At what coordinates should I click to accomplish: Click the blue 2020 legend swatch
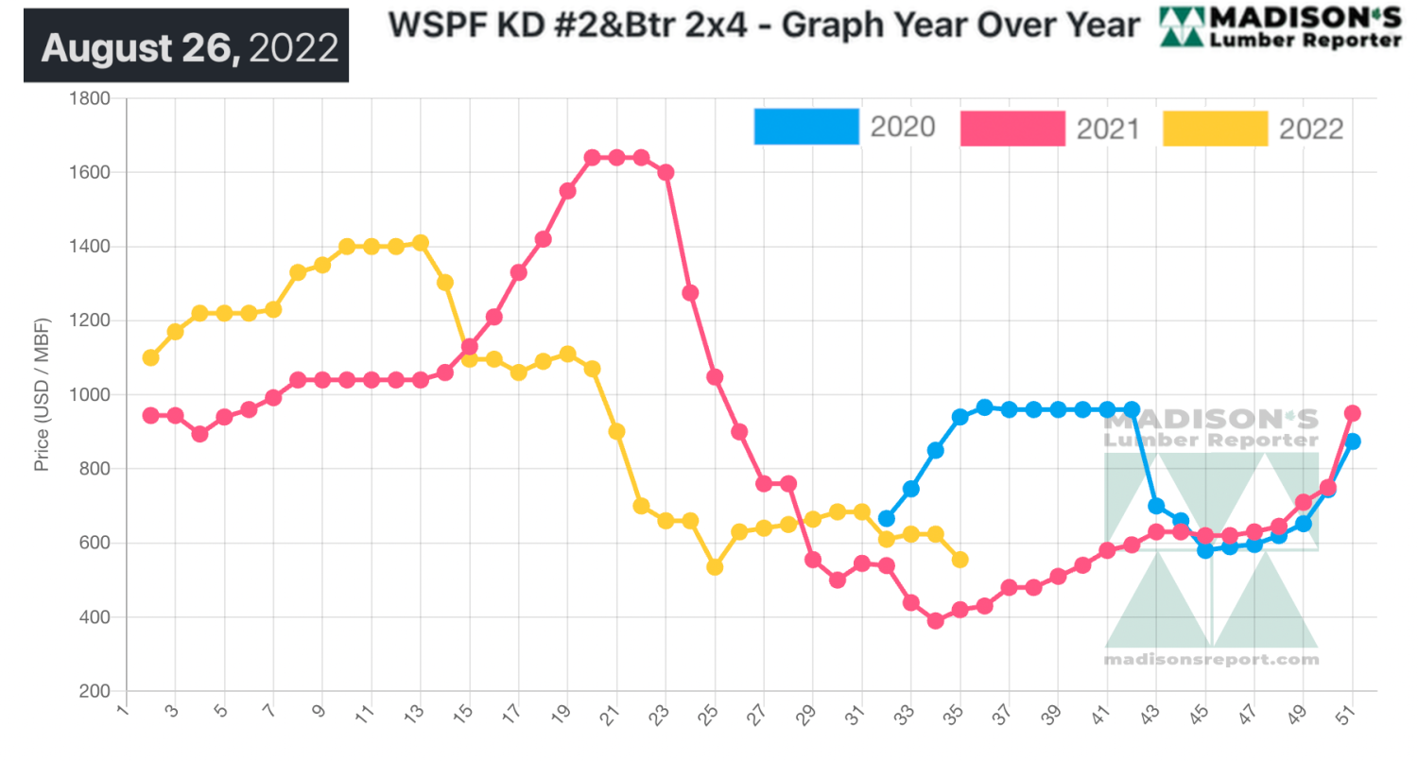pyautogui.click(x=805, y=127)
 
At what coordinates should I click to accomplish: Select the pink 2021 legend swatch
pyautogui.click(x=1012, y=128)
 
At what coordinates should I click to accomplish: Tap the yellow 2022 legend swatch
pyautogui.click(x=1215, y=128)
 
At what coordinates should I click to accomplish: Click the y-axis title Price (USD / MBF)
pyautogui.click(x=42, y=395)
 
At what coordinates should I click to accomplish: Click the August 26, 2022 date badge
pyautogui.click(x=186, y=46)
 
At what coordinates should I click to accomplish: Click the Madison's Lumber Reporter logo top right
pyautogui.click(x=1281, y=27)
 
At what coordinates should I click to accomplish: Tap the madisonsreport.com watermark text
pyautogui.click(x=1211, y=659)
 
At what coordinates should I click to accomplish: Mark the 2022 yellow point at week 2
pyautogui.click(x=150, y=357)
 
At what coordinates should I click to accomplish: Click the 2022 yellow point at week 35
pyautogui.click(x=960, y=560)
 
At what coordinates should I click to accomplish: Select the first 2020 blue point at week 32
pyautogui.click(x=886, y=518)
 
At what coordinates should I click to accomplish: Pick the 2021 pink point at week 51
pyautogui.click(x=1353, y=413)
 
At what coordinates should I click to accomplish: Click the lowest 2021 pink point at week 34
pyautogui.click(x=935, y=620)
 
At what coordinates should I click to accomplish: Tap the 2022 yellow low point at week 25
pyautogui.click(x=715, y=567)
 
